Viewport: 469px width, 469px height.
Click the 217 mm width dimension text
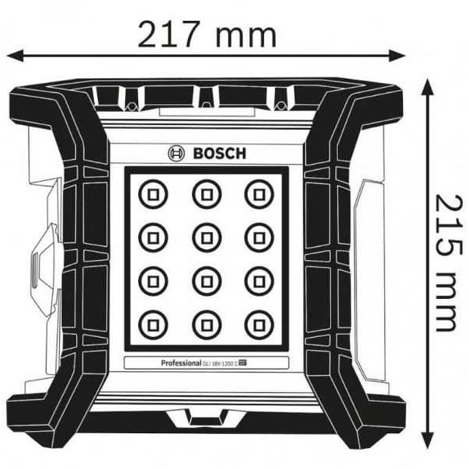(207, 33)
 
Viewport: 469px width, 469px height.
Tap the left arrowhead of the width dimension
(14, 55)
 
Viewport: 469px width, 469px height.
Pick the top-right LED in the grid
(257, 192)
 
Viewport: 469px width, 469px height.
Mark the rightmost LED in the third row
(257, 278)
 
